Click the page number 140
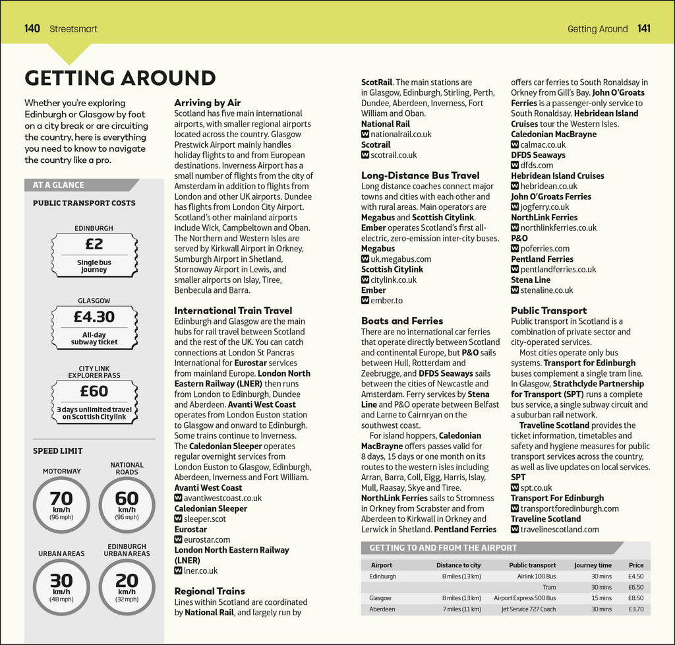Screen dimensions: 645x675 32,29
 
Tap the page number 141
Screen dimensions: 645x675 643,29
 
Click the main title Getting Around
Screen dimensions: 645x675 120,78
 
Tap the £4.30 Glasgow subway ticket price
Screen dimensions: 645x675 94,317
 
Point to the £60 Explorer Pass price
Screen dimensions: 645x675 94,391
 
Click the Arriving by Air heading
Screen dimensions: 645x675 207,103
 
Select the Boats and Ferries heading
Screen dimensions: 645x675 401,321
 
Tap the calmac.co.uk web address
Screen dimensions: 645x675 543,144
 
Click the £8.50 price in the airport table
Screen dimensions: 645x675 635,598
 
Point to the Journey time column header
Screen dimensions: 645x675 593,565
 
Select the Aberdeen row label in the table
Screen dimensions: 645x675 382,609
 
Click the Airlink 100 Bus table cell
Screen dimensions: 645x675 537,576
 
